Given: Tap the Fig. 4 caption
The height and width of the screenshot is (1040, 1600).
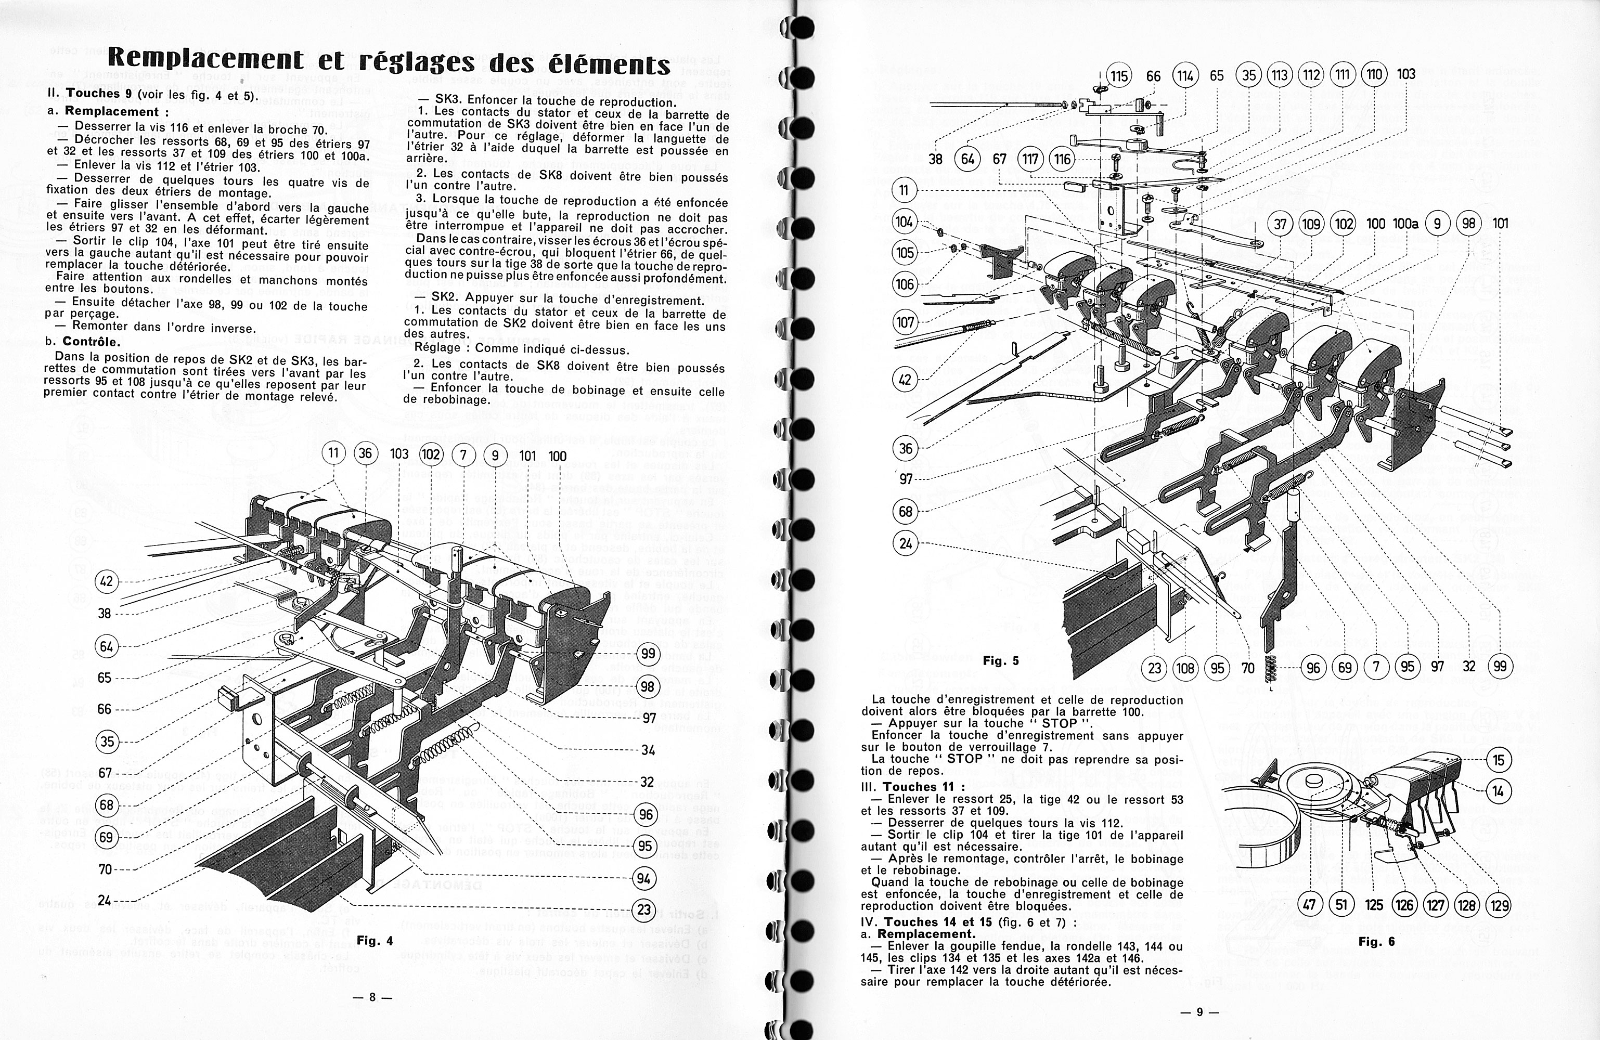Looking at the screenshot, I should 375,941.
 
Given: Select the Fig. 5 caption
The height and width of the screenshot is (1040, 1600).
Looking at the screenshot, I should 1000,661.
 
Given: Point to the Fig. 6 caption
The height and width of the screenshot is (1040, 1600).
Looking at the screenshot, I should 1376,942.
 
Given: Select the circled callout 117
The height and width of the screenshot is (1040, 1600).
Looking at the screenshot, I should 1030,159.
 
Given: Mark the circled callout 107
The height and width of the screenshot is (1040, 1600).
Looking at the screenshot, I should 905,322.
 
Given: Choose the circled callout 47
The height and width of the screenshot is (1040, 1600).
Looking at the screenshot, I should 1309,905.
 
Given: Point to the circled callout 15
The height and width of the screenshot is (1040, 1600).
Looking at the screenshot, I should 1499,760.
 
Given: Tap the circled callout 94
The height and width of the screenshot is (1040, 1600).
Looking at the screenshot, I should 644,878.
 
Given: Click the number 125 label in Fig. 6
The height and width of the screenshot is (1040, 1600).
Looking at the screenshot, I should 1373,905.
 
